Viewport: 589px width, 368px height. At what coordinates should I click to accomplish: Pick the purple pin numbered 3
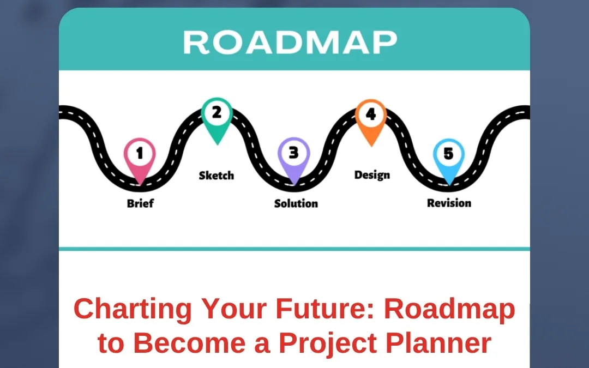click(293, 155)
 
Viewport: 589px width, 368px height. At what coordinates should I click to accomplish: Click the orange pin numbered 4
click(371, 117)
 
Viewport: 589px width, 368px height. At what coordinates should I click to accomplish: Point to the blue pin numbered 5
click(448, 156)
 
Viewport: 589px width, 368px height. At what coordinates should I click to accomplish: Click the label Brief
click(140, 203)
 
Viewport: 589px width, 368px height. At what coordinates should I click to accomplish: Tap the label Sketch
click(216, 176)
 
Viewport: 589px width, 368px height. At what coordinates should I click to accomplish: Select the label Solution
click(296, 203)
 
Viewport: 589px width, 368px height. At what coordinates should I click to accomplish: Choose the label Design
click(372, 175)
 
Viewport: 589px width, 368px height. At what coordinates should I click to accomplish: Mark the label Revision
click(449, 203)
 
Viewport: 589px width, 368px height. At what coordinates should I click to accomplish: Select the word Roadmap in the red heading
click(449, 309)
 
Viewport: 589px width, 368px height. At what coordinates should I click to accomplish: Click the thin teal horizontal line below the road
click(294, 249)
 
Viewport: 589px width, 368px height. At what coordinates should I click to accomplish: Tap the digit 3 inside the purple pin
click(293, 153)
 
